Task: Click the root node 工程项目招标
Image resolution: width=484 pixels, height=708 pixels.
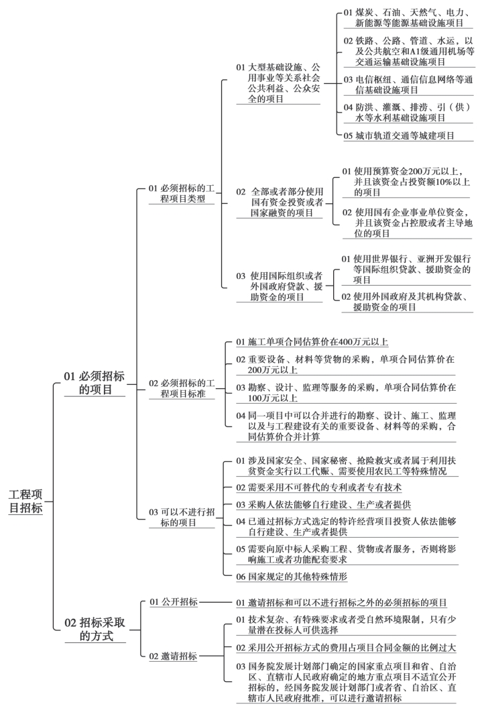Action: [25, 501]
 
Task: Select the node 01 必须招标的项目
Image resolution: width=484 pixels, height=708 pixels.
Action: [95, 383]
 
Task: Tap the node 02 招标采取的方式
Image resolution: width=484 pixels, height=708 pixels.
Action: [95, 630]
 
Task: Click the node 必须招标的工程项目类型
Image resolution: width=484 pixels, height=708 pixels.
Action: [182, 193]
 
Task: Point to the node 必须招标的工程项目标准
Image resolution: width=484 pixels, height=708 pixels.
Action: [182, 388]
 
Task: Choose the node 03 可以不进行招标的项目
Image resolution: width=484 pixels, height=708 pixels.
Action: [182, 518]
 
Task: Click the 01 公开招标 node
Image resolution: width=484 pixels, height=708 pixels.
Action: [174, 602]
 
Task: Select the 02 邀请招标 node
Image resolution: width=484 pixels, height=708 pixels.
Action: [174, 656]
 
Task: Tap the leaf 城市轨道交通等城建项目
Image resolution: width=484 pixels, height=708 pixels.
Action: [399, 135]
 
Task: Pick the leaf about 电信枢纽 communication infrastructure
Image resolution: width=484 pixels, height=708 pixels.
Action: [408, 85]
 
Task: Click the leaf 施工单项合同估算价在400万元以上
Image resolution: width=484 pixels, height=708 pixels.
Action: [312, 342]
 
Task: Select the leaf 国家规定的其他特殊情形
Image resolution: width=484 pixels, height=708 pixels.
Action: [292, 577]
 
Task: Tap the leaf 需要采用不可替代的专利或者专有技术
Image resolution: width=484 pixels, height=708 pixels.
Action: [318, 487]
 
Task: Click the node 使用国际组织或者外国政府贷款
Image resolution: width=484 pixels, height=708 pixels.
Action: [280, 286]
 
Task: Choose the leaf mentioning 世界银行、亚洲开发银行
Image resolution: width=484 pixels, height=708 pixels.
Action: [406, 269]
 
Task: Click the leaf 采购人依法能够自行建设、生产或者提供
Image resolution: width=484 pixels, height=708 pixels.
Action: [323, 505]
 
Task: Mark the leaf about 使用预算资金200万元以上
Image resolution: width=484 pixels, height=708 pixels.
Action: [406, 182]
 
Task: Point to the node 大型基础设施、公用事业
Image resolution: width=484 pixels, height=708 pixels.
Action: [278, 83]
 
